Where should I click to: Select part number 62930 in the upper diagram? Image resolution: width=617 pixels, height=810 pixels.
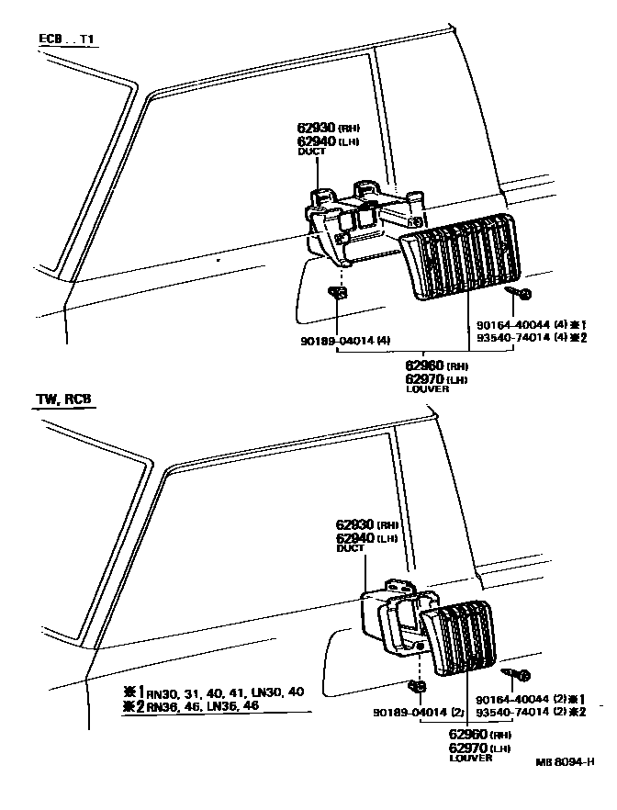click(x=316, y=127)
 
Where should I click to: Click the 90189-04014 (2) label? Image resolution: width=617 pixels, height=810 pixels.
click(x=416, y=711)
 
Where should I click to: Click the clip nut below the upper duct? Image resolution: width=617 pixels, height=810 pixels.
click(x=337, y=293)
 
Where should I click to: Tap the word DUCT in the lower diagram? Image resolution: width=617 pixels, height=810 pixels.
click(x=350, y=548)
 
